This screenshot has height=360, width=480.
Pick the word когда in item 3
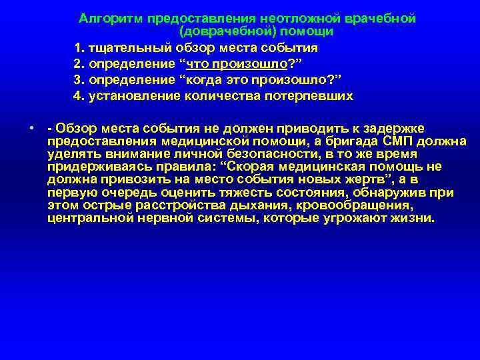(206, 80)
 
